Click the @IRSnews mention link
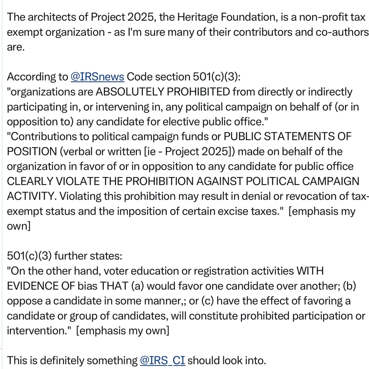point(97,77)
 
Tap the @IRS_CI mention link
point(163,361)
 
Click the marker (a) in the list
point(138,286)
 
